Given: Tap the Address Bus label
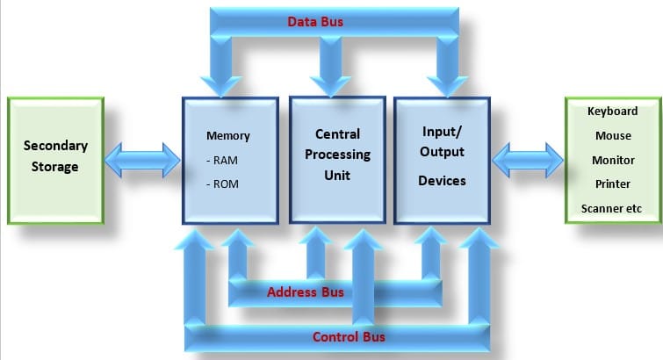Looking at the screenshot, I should coord(306,292).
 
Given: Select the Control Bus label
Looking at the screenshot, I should coord(349,337).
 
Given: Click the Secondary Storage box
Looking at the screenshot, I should coord(55,160).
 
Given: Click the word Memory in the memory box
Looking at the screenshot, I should coord(228,136).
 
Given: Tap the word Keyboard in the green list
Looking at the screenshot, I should coord(613,112).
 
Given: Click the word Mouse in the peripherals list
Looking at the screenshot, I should coord(613,136).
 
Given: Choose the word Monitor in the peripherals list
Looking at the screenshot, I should coord(613,161).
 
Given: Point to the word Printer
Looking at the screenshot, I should coord(613,185).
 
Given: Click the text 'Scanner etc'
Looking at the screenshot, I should coord(613,209).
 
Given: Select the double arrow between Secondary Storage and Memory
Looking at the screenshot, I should coord(142,161).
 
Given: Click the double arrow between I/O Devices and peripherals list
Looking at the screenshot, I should coord(527,161).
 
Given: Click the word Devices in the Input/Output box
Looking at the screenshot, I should coord(441,180).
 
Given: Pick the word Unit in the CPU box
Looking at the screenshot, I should coord(337,175).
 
